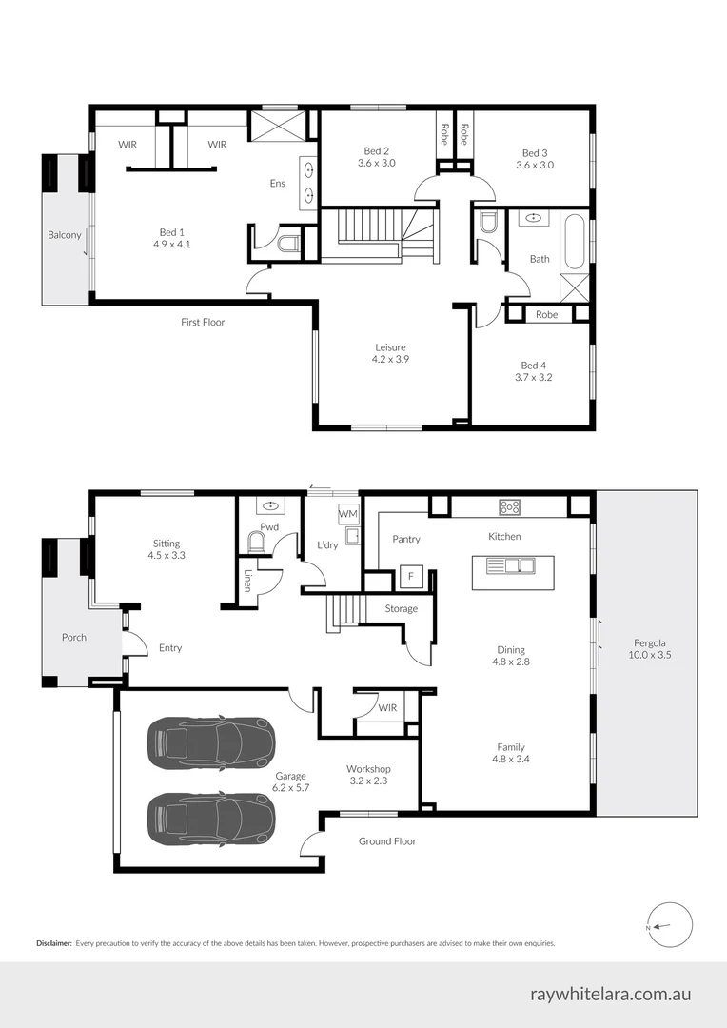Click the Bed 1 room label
(x=170, y=238)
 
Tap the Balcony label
(x=65, y=235)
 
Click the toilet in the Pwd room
(x=255, y=543)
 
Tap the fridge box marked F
(x=411, y=576)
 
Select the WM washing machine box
(x=347, y=515)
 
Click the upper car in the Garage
(x=211, y=741)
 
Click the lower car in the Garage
(x=211, y=817)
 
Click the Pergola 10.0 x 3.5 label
(x=649, y=648)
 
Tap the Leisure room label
(x=390, y=353)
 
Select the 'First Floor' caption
(x=203, y=323)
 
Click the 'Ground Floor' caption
(x=387, y=841)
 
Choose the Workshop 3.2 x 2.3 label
(x=367, y=775)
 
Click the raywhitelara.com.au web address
(x=610, y=994)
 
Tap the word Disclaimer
(x=54, y=943)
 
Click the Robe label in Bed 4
(x=546, y=314)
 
